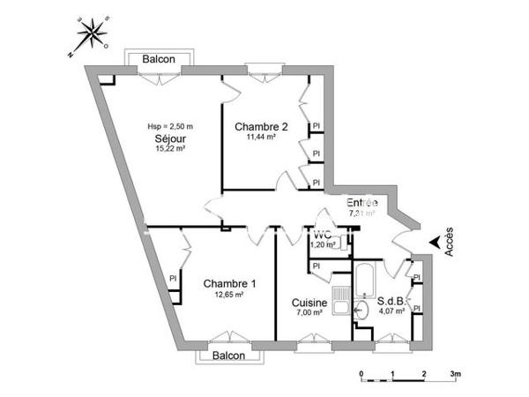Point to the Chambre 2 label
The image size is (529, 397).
pos(261,127)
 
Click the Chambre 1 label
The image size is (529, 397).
pos(229,283)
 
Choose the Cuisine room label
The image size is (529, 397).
pos(310,303)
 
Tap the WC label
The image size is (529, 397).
pos(322,236)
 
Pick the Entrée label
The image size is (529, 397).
pos(361,202)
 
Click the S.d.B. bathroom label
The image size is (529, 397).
pos(391,300)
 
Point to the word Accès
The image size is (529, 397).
pos(450,241)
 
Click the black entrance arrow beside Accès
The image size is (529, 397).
pos(434,241)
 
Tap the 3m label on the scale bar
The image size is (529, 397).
pos(456,374)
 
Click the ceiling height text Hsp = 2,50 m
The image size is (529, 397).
pos(169,127)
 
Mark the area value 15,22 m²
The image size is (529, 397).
pos(169,149)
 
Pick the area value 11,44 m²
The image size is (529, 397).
pos(261,138)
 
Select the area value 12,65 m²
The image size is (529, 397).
pos(229,295)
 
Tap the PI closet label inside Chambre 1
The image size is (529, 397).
pos(173,279)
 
